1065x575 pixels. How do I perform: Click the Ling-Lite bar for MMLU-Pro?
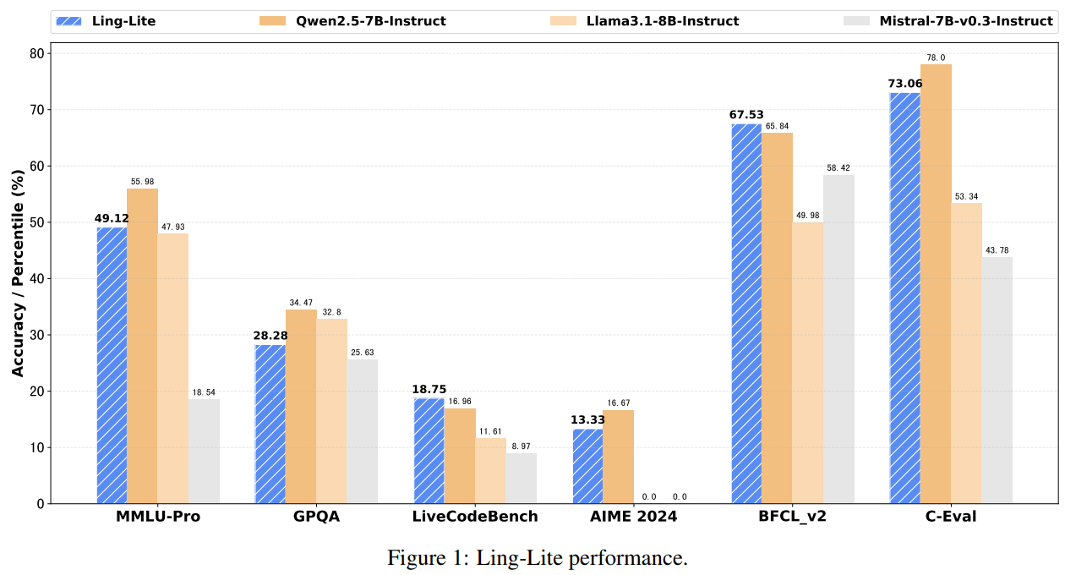(x=112, y=365)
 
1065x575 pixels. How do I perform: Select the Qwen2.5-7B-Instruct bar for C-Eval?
(x=936, y=284)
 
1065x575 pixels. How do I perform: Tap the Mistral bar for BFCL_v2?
(x=838, y=339)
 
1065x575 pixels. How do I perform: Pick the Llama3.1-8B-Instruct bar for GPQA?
(x=331, y=411)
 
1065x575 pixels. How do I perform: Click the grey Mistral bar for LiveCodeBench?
(x=521, y=479)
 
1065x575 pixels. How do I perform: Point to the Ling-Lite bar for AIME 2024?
(x=587, y=466)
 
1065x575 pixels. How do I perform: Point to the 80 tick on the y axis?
(x=36, y=53)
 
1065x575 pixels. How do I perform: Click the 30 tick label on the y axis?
(x=36, y=335)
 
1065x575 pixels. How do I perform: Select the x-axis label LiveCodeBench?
(x=475, y=517)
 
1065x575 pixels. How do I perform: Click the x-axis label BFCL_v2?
(x=792, y=517)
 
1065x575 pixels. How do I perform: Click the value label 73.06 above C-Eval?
(x=904, y=84)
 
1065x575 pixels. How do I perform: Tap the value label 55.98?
(x=142, y=182)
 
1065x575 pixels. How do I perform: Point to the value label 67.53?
(x=746, y=115)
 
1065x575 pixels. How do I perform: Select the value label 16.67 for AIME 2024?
(x=619, y=403)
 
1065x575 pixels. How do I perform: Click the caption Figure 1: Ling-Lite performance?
(x=538, y=558)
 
